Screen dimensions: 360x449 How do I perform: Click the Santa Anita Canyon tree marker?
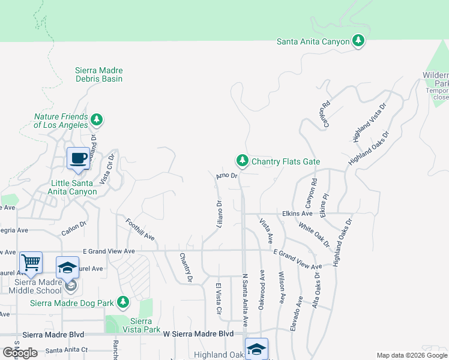358,41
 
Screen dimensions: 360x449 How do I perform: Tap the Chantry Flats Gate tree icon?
242,160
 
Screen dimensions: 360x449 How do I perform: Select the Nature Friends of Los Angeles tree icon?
96,121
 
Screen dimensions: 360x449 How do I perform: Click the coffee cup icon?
78,158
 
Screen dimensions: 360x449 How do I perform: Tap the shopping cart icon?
31,262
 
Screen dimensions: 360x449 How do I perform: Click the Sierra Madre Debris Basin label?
99,74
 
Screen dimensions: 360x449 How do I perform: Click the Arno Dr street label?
227,176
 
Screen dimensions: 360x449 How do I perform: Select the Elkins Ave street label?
298,214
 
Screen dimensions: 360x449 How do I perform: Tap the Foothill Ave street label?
140,229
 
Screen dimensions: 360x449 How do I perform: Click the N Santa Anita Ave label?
245,300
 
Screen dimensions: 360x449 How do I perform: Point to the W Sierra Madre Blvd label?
198,334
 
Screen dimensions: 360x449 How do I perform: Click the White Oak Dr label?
314,235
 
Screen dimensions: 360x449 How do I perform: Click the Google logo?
19,352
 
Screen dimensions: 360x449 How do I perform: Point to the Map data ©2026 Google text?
411,355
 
